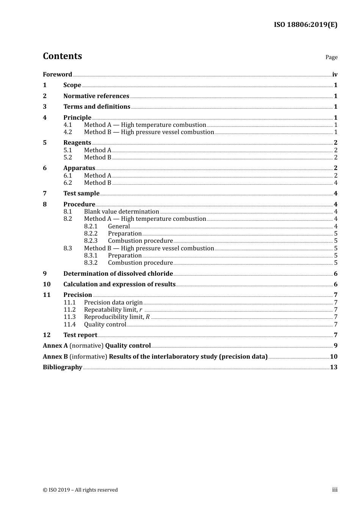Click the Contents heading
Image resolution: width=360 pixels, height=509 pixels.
62,56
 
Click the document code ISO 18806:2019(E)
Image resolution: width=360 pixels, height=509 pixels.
305,25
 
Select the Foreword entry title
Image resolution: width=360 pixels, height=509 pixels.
57,75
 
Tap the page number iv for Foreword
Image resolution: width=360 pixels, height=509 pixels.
335,75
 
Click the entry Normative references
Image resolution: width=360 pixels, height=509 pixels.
96,96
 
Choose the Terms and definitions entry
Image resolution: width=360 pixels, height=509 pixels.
97,107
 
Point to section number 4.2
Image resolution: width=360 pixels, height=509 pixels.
67,132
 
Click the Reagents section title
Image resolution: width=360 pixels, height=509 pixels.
77,143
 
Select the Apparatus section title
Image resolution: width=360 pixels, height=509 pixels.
79,168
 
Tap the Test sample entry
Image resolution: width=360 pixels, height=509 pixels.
81,194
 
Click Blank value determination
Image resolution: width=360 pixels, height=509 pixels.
121,212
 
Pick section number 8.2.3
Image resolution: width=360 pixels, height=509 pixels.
91,241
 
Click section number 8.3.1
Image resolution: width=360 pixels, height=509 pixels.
91,256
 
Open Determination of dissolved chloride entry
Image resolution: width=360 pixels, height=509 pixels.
118,274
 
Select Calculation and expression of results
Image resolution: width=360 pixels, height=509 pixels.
119,284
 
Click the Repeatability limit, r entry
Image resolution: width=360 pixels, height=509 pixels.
113,310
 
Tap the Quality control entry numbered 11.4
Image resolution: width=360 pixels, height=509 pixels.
105,325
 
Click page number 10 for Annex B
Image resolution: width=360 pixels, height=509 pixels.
333,357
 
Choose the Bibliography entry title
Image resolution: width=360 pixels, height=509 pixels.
63,367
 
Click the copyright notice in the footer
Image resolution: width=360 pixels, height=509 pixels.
80,490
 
